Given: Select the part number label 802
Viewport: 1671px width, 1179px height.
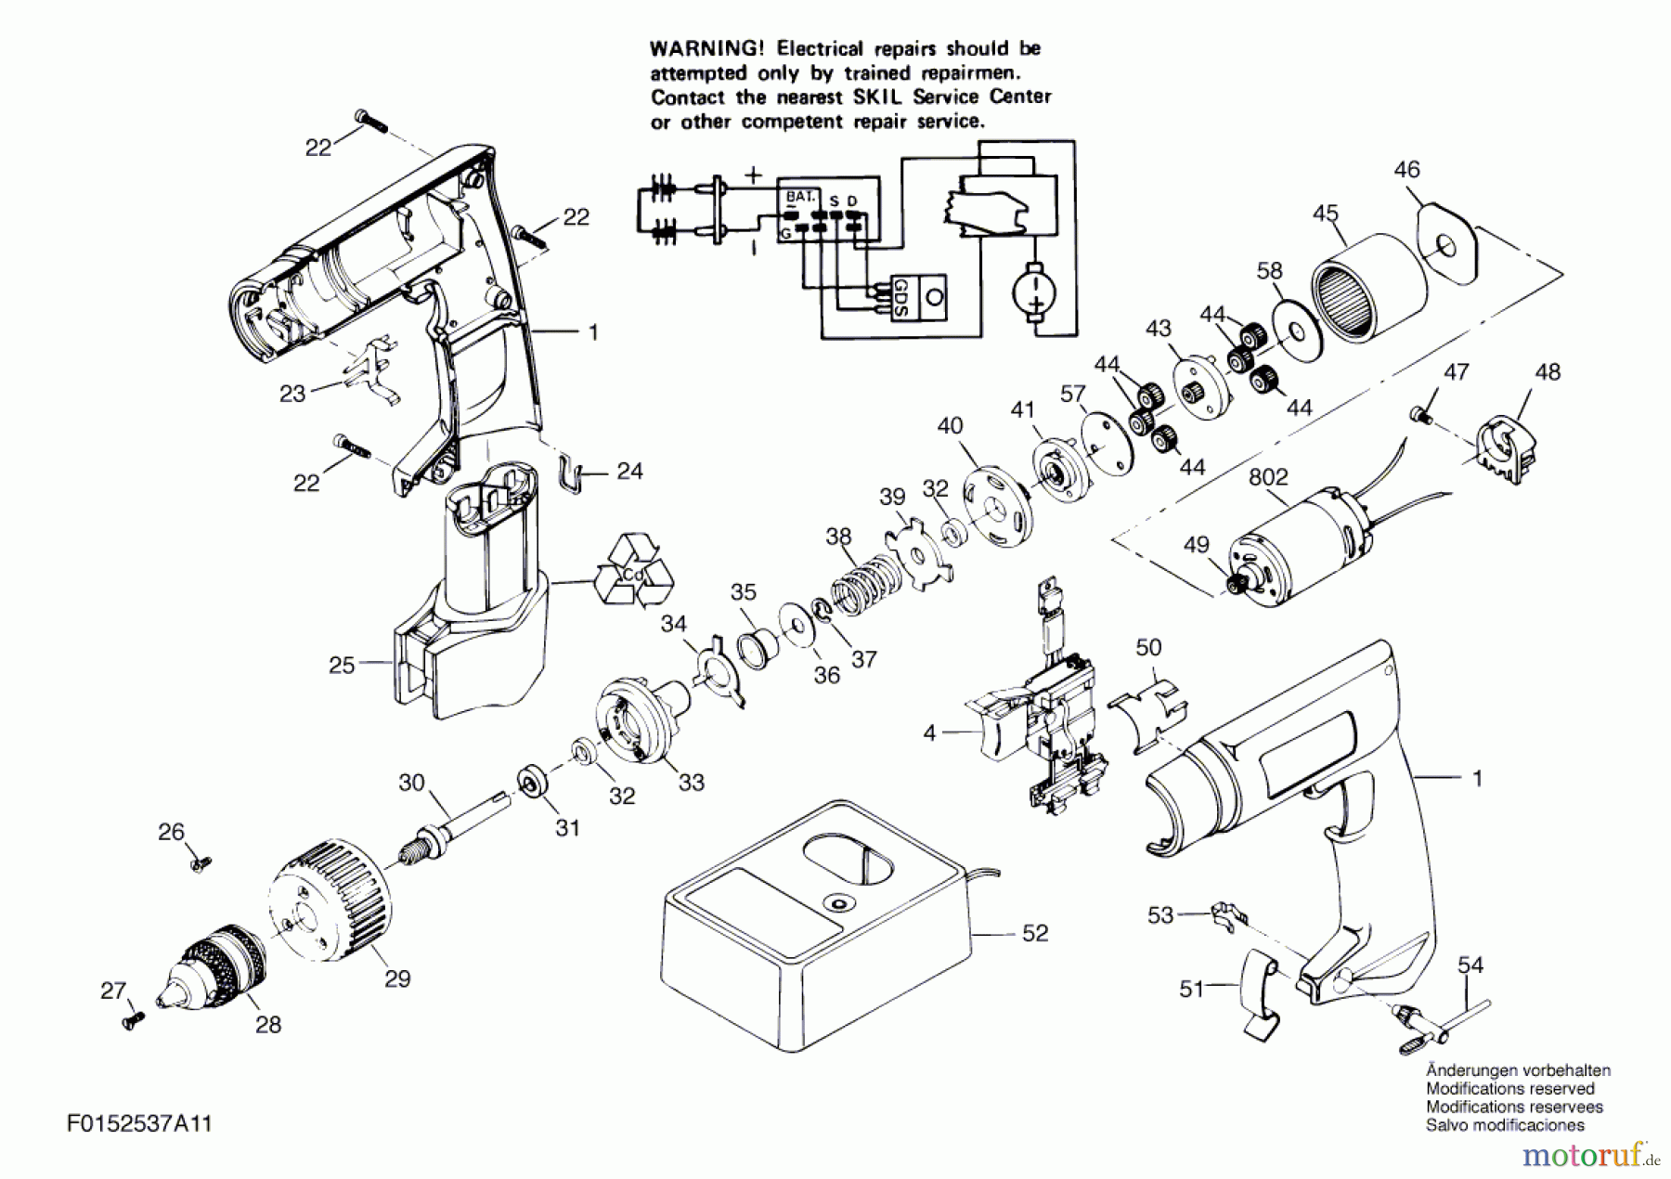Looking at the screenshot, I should click(1267, 477).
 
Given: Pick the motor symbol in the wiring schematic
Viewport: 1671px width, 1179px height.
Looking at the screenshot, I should click(1034, 291).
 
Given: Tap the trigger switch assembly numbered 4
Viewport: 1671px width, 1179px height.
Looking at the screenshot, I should click(1040, 724).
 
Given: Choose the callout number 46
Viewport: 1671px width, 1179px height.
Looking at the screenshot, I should click(1406, 170).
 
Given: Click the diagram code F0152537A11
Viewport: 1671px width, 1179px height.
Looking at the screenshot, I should click(139, 1124).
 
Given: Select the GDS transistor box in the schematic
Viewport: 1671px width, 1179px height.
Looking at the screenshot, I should click(919, 298).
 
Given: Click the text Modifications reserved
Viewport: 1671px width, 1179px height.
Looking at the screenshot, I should click(1509, 1089).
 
